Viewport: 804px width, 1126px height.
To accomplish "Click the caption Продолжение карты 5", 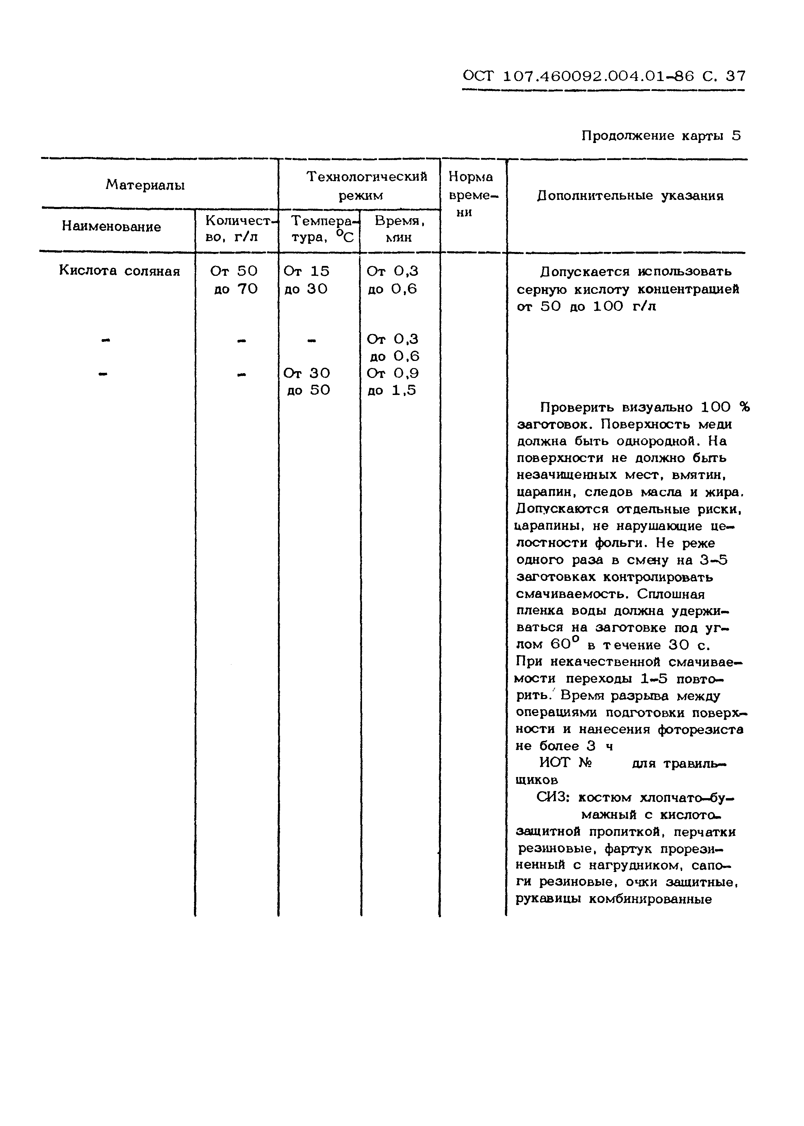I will pyautogui.click(x=661, y=136).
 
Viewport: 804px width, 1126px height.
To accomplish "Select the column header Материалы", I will pyautogui.click(x=145, y=185).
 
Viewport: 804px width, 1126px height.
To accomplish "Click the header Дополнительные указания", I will pyautogui.click(x=630, y=196).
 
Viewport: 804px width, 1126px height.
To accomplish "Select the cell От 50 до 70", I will pyautogui.click(x=235, y=280).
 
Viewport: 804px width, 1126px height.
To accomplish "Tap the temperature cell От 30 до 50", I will pyautogui.click(x=307, y=381).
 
